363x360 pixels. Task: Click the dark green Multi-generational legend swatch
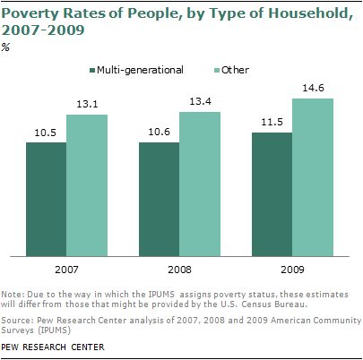click(91, 70)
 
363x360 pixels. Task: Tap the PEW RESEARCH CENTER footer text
click(51, 347)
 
